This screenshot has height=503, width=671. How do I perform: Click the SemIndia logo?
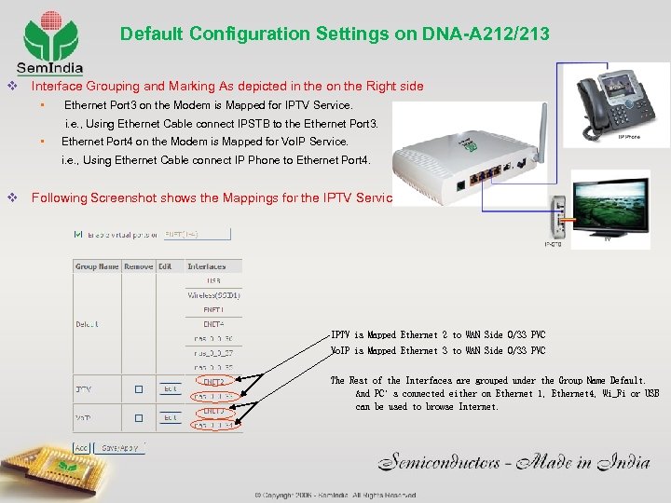[48, 41]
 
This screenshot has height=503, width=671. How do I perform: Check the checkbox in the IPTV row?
[138, 388]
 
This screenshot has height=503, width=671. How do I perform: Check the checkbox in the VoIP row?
[138, 417]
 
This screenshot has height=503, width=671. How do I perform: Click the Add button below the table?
[82, 448]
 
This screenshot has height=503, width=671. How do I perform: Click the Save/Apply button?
[119, 448]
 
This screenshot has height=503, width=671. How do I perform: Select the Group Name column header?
[97, 266]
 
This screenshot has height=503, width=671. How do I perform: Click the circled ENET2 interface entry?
[213, 382]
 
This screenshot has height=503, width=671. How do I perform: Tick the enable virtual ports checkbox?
[78, 234]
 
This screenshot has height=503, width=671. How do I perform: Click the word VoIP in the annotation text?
[343, 351]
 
